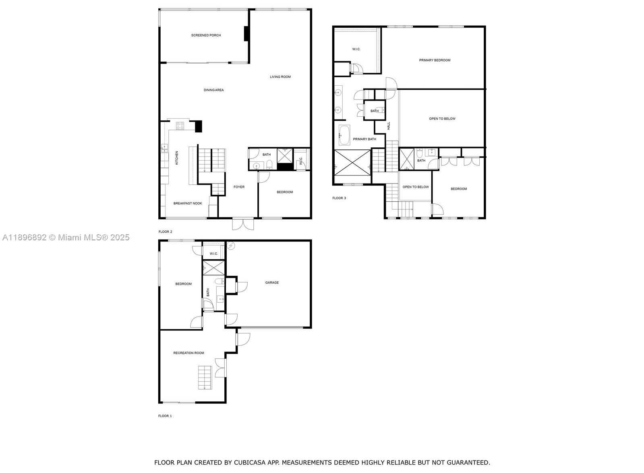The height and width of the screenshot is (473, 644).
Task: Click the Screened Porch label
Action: pyautogui.click(x=206, y=35)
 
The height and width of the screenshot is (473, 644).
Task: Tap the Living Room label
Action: pyautogui.click(x=280, y=77)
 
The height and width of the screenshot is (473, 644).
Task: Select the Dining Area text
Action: pyautogui.click(x=213, y=90)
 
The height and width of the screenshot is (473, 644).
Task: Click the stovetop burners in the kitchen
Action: pyautogui.click(x=180, y=126)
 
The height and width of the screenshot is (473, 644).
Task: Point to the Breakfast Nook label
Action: pyautogui.click(x=187, y=203)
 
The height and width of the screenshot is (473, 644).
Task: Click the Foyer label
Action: pyautogui.click(x=239, y=187)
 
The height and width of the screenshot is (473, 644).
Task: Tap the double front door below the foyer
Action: pyautogui.click(x=243, y=224)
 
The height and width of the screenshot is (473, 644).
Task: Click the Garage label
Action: pyautogui.click(x=272, y=283)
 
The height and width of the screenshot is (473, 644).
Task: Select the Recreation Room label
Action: pyautogui.click(x=188, y=353)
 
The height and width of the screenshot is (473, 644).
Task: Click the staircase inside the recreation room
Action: pyautogui.click(x=205, y=378)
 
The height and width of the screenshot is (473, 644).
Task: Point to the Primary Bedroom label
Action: pyautogui.click(x=435, y=60)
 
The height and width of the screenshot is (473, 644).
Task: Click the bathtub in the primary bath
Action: pyautogui.click(x=344, y=135)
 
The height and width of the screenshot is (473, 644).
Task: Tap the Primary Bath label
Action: pyautogui.click(x=364, y=139)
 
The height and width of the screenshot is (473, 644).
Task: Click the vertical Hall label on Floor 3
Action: pyautogui.click(x=389, y=126)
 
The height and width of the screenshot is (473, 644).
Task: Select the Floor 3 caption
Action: pyautogui.click(x=339, y=198)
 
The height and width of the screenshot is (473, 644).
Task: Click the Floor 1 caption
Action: pyautogui.click(x=165, y=416)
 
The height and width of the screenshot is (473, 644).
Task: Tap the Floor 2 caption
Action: pyautogui.click(x=165, y=231)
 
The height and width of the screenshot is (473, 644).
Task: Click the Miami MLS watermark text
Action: pyautogui.click(x=66, y=238)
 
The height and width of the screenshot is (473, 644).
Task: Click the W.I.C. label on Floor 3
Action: pyautogui.click(x=356, y=49)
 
